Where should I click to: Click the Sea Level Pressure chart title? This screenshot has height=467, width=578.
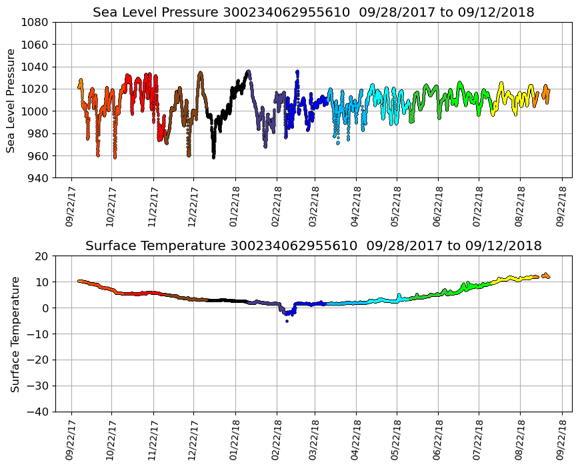(x=313, y=12)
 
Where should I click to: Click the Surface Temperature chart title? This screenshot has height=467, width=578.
(x=313, y=246)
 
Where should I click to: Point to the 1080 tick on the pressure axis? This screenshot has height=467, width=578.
(x=37, y=22)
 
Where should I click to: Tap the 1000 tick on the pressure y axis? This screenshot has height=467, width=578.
(x=37, y=111)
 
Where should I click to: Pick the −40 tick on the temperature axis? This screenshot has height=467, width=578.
(x=39, y=412)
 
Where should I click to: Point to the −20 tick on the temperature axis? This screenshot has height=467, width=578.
(x=39, y=360)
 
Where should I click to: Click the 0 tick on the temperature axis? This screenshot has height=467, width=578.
(x=46, y=308)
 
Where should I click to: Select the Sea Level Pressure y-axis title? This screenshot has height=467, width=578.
(x=11, y=100)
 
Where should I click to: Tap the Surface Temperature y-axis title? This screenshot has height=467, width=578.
(x=14, y=334)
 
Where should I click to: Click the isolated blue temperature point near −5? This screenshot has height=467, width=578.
(x=287, y=321)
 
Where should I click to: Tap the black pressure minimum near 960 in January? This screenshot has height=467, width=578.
(x=213, y=157)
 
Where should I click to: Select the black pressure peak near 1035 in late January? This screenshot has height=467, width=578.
(x=248, y=71)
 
